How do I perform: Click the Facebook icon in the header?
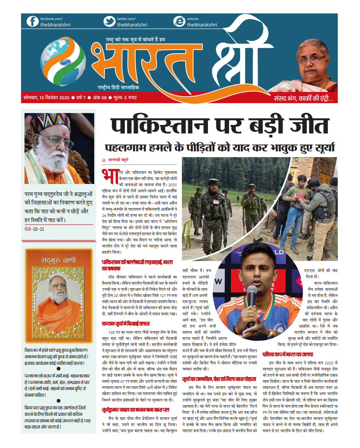coord(33,21)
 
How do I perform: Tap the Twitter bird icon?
coord(110,21)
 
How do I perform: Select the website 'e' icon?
coord(179,21)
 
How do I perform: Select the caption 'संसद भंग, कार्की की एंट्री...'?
coord(306,98)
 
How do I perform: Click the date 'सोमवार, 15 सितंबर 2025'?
coord(46,98)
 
